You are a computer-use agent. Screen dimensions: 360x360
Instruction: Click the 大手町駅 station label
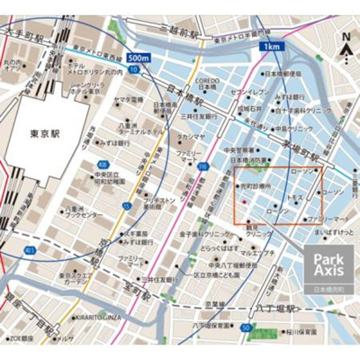[24, 34]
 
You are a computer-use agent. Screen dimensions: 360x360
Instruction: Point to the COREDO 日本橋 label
[206, 85]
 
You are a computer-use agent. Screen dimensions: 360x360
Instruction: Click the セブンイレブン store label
[248, 92]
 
